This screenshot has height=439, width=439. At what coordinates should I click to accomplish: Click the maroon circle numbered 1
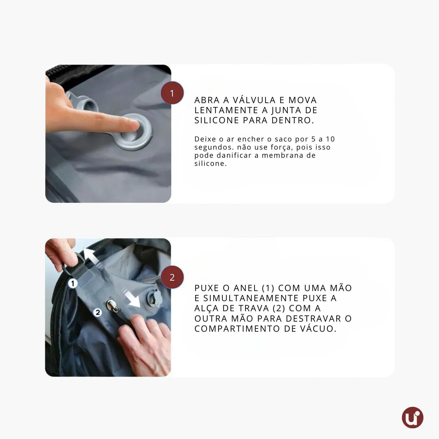(x=172, y=93)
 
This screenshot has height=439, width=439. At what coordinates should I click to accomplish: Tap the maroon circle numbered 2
(x=172, y=277)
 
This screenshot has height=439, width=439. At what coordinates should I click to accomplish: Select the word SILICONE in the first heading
(x=217, y=120)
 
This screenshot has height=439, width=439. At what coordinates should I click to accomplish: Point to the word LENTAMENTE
(x=226, y=110)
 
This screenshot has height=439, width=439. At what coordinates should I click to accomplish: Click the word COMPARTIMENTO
(x=237, y=328)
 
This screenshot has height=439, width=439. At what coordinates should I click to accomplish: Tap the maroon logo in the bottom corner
(x=413, y=418)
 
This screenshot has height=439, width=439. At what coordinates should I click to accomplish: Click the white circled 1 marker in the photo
(x=73, y=284)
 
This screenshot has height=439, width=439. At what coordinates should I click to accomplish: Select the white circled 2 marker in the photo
(x=98, y=312)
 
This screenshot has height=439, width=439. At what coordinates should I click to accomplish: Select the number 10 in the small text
(x=330, y=139)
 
